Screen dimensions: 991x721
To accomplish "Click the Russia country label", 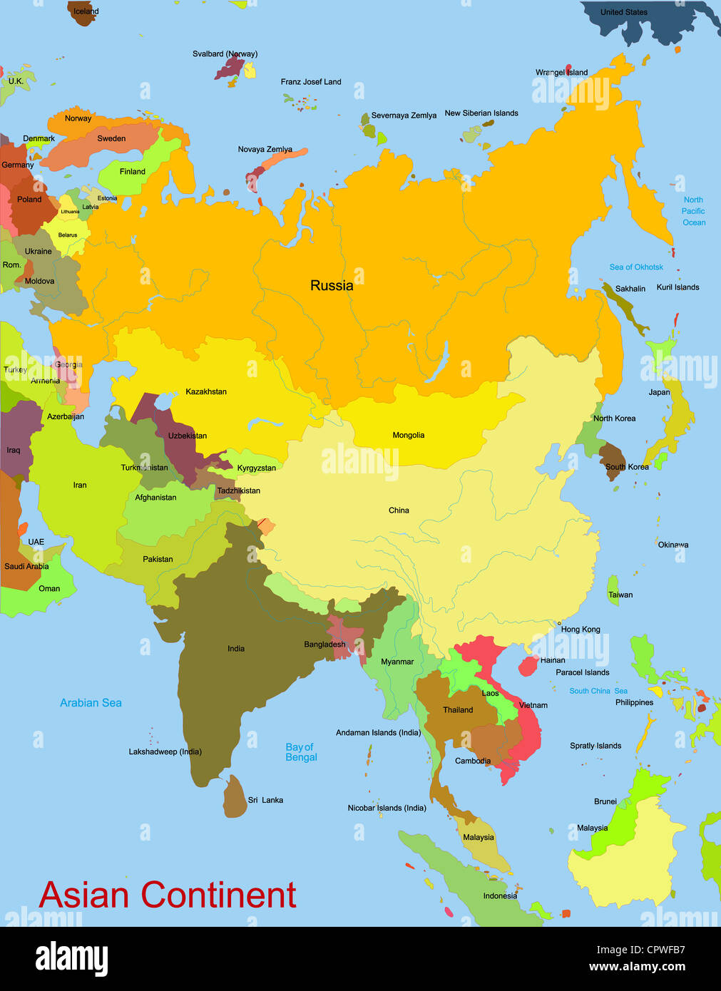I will click(332, 286).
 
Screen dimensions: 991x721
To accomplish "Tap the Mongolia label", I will click(409, 436).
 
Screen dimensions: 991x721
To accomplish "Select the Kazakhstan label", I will click(206, 392).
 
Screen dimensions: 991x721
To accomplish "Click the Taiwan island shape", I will click(613, 590).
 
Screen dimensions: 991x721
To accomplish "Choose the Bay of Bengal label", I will click(301, 752).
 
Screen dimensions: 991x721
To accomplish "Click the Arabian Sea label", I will click(91, 703).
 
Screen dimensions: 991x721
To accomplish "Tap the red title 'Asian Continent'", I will click(168, 895).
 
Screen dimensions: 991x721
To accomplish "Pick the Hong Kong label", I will click(581, 630).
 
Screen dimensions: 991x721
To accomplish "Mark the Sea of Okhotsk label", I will click(636, 267).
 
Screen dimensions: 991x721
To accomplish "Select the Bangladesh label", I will click(324, 645).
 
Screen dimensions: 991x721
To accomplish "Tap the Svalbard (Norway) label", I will click(225, 54).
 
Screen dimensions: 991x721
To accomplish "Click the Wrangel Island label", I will click(562, 73).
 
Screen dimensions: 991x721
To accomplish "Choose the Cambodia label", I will click(473, 761).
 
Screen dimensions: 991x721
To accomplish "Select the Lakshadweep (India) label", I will click(165, 752).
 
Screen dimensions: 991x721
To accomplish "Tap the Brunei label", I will click(605, 802).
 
